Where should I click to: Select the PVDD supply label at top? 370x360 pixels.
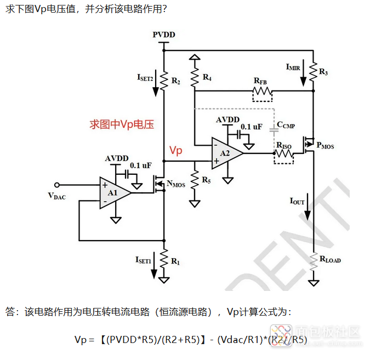pos(164,35)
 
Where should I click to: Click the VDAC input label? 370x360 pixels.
pos(56,196)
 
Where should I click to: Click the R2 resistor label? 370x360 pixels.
pos(175,81)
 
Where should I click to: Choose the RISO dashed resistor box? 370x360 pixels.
pos(284,155)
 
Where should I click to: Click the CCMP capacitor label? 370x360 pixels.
pos(286,125)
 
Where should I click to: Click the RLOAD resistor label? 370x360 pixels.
pos(330,260)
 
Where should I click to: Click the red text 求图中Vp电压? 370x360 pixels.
pos(122,124)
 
